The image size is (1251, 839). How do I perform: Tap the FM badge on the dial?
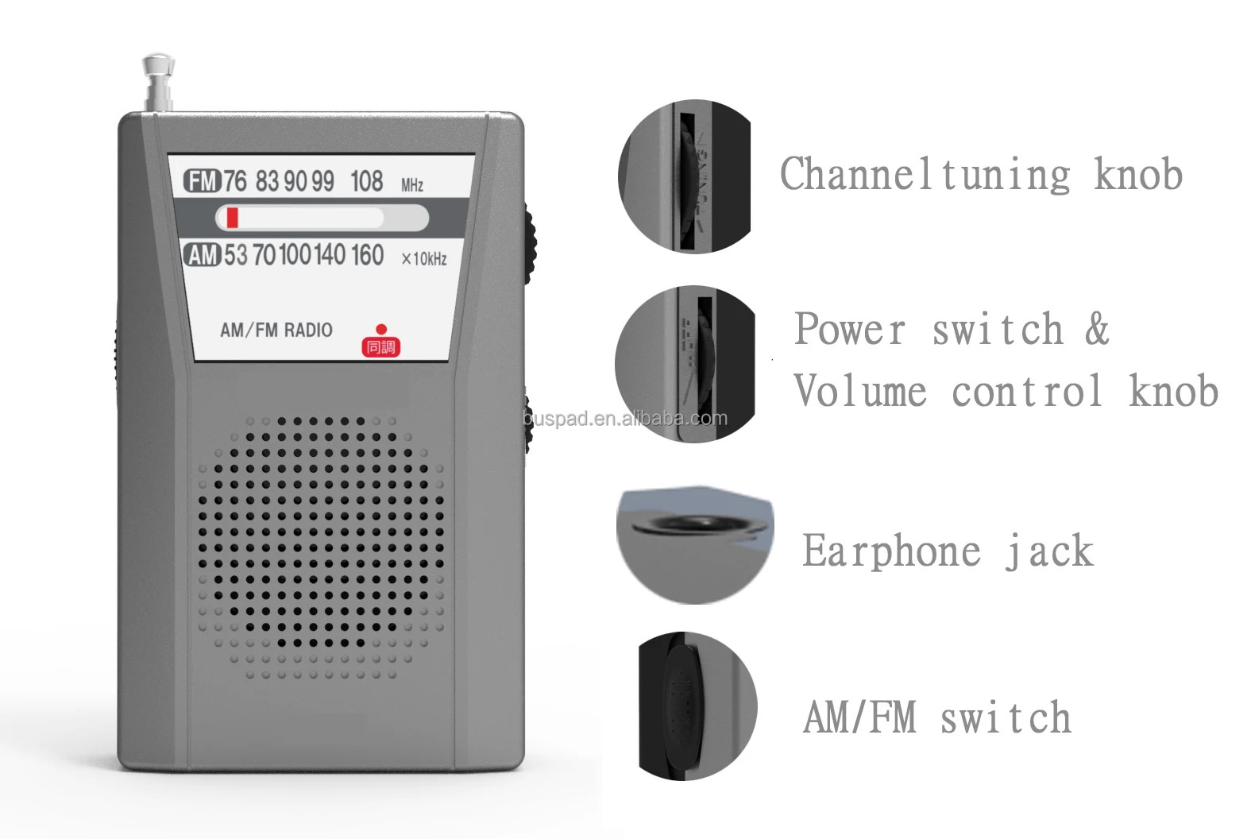click(x=202, y=181)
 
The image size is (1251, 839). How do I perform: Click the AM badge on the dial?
click(x=202, y=255)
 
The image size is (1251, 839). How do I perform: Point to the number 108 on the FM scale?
click(x=366, y=181)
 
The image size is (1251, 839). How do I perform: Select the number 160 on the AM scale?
click(x=367, y=255)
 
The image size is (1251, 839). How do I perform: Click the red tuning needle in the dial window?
click(x=232, y=218)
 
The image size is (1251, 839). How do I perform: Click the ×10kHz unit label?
click(x=424, y=259)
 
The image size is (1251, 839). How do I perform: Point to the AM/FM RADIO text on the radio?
click(x=276, y=330)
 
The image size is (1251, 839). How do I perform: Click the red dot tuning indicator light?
click(x=381, y=329)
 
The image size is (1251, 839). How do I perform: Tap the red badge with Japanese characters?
click(x=380, y=347)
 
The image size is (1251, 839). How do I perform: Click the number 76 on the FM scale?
click(x=235, y=181)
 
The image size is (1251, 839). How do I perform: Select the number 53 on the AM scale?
click(x=236, y=255)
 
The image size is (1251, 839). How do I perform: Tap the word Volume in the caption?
click(x=860, y=391)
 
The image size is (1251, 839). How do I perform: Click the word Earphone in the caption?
click(x=891, y=551)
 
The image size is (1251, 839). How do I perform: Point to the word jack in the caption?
click(x=1050, y=551)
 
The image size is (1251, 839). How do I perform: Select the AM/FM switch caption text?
click(x=937, y=717)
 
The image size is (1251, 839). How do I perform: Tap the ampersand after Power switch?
click(x=1097, y=329)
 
